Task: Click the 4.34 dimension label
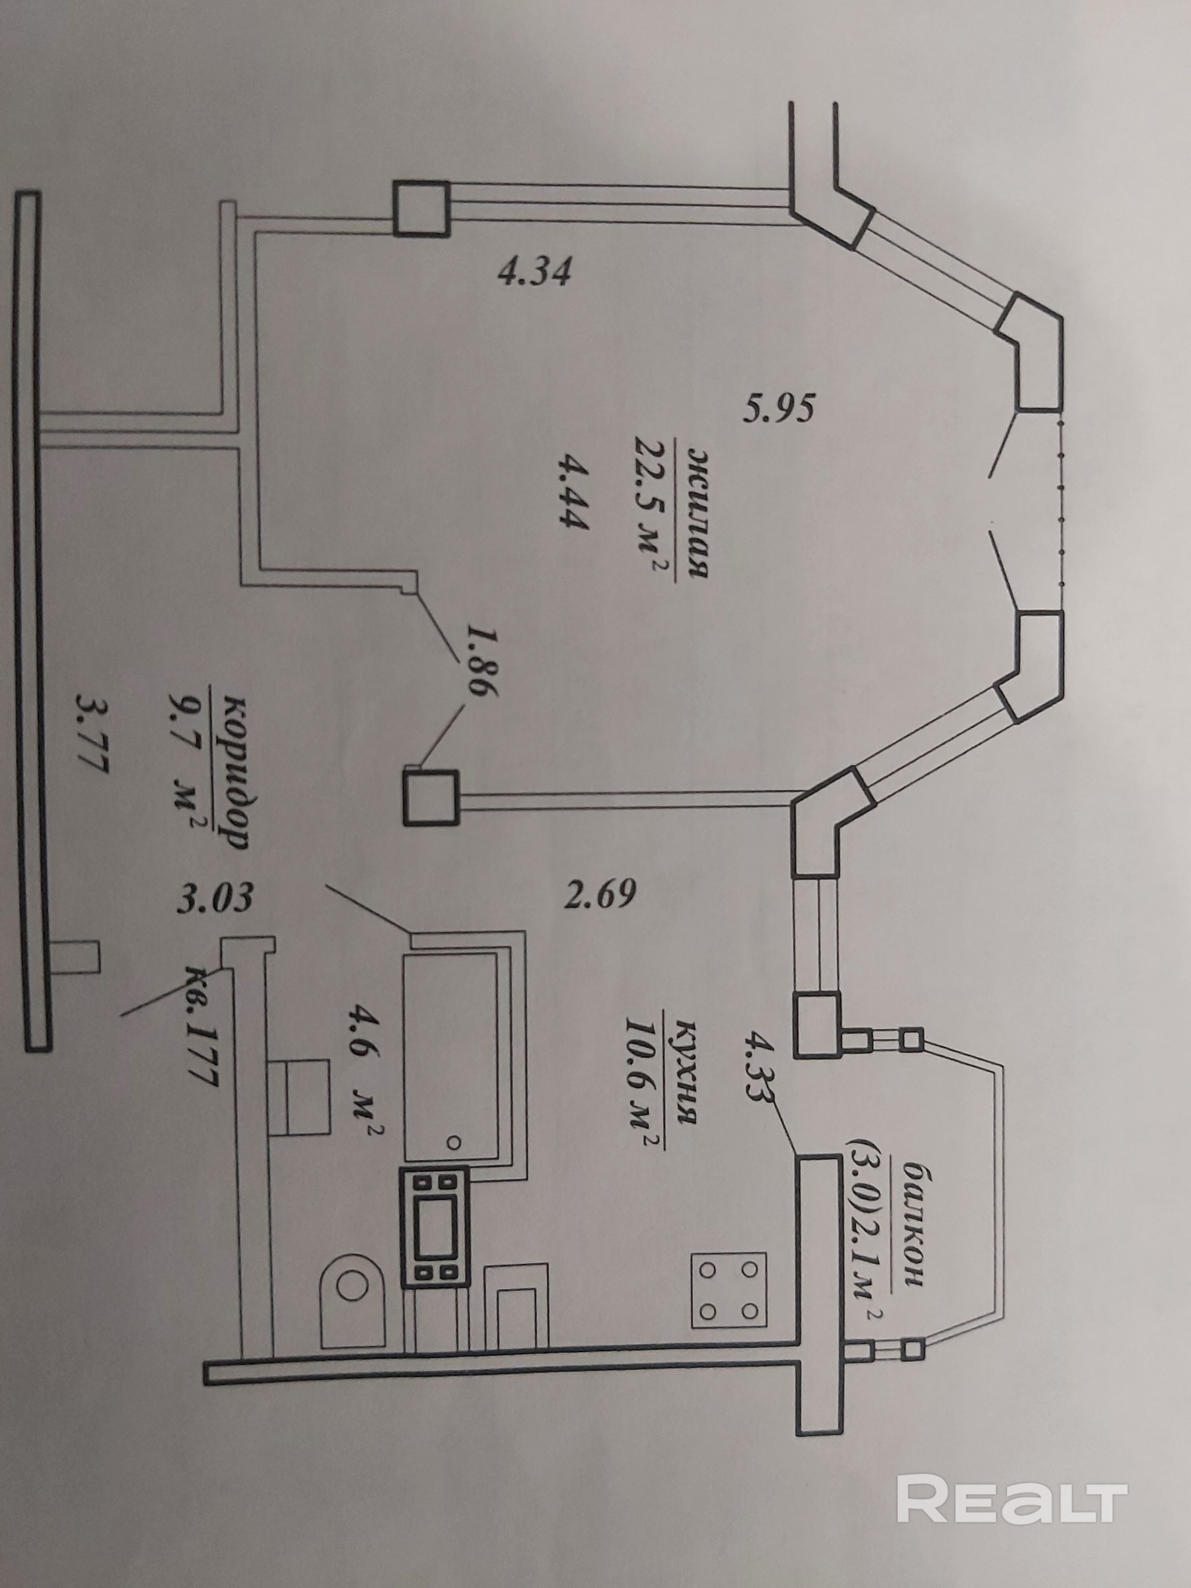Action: tap(535, 273)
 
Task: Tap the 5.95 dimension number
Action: tap(779, 409)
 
